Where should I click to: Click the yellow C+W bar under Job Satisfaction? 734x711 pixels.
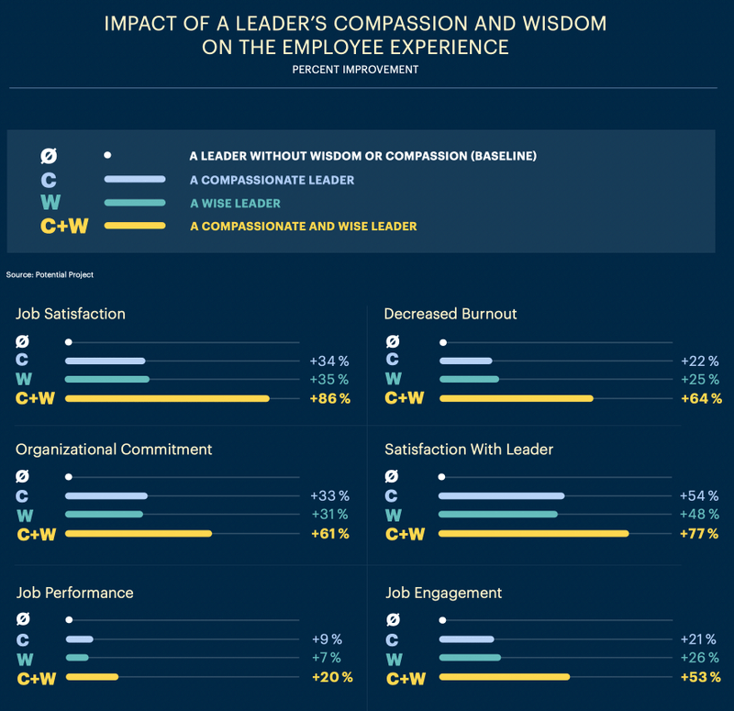(x=167, y=398)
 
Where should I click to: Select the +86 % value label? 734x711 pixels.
(x=330, y=398)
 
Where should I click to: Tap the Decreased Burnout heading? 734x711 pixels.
(x=450, y=314)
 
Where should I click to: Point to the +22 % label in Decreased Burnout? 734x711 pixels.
(x=699, y=361)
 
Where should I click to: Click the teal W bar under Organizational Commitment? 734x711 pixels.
(x=105, y=515)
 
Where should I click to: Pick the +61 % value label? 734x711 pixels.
(x=329, y=534)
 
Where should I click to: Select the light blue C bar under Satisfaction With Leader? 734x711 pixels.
(x=502, y=495)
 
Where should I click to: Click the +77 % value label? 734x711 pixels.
(x=699, y=534)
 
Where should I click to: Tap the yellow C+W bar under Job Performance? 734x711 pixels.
(x=92, y=677)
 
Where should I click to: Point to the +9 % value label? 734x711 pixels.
(x=326, y=639)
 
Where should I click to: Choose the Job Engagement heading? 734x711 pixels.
(x=443, y=593)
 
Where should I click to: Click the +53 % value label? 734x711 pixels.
(x=699, y=678)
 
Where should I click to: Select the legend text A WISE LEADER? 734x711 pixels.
(x=235, y=203)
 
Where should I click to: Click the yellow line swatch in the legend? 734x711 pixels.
(x=135, y=226)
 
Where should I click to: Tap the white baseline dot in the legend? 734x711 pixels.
(x=108, y=156)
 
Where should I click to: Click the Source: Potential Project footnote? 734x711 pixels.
(x=50, y=274)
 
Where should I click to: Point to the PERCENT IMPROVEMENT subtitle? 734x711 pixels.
(x=355, y=70)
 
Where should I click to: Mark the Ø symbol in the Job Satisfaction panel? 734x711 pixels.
(x=23, y=341)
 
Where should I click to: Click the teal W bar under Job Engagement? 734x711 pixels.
(x=470, y=658)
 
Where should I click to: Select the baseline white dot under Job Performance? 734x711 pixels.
(x=69, y=620)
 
